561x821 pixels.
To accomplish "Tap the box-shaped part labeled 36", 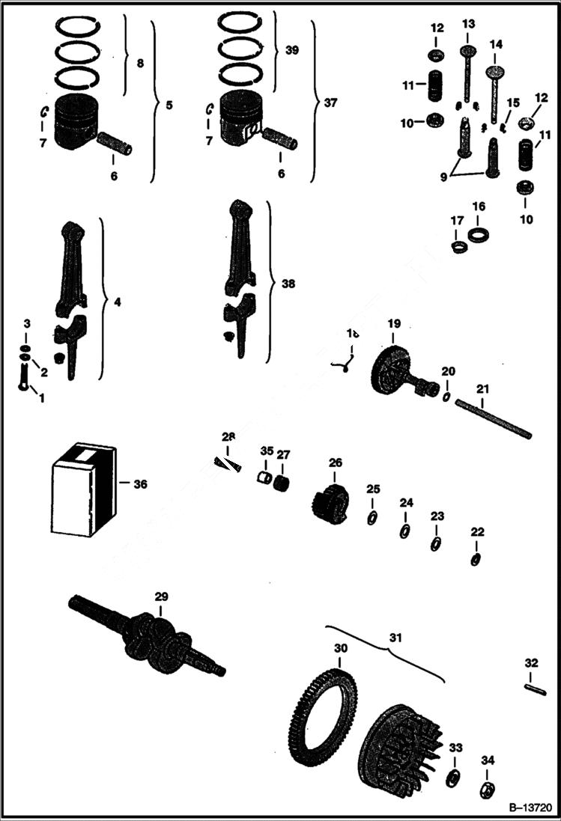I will [x=82, y=490].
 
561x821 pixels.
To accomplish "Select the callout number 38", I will [x=288, y=284].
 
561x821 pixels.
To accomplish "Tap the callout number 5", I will [x=169, y=106].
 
